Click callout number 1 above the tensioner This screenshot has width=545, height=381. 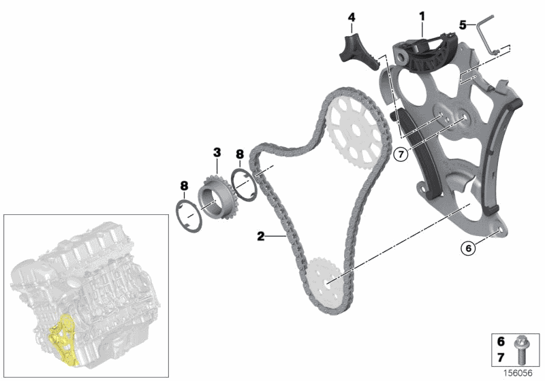(422, 14)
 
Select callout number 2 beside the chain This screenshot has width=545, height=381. (260, 237)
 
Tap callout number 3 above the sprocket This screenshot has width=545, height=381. (217, 151)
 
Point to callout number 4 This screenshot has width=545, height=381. (352, 16)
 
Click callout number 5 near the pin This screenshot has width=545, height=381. (463, 24)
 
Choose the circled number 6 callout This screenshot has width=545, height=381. (469, 249)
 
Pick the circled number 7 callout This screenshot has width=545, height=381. (400, 155)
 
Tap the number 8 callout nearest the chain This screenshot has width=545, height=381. (239, 154)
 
